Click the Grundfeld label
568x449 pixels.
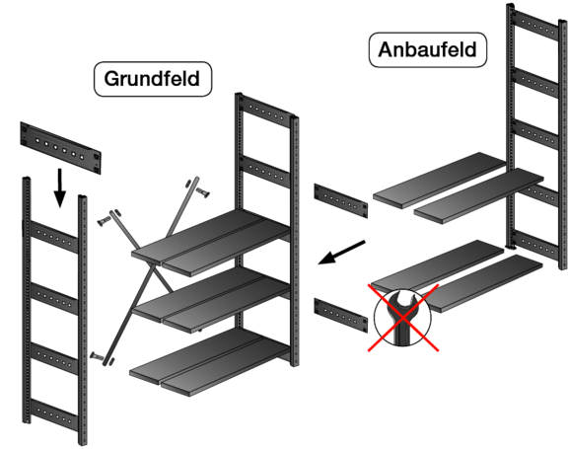click(x=153, y=79)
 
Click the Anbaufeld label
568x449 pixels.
click(x=427, y=49)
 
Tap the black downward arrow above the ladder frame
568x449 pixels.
click(x=60, y=187)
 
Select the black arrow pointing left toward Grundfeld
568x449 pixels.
click(x=341, y=253)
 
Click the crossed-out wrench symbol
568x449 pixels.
click(x=402, y=318)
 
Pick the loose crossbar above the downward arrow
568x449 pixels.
click(x=60, y=148)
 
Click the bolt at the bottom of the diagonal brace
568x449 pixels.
click(x=97, y=355)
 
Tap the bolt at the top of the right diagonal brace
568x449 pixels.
click(x=202, y=192)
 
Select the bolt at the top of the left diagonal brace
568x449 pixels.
click(x=104, y=221)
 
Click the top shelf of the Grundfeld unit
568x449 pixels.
click(x=212, y=242)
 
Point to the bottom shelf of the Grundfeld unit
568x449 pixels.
click(x=211, y=361)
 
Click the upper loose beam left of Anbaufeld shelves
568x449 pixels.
click(x=341, y=200)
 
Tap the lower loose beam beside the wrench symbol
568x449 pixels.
click(x=341, y=315)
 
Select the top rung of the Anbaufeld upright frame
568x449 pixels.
click(x=536, y=25)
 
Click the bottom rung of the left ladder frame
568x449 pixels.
click(x=54, y=415)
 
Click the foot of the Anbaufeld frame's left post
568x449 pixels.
click(x=510, y=247)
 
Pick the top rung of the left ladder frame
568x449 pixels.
click(x=54, y=237)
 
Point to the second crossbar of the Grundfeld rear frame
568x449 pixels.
click(x=265, y=172)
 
